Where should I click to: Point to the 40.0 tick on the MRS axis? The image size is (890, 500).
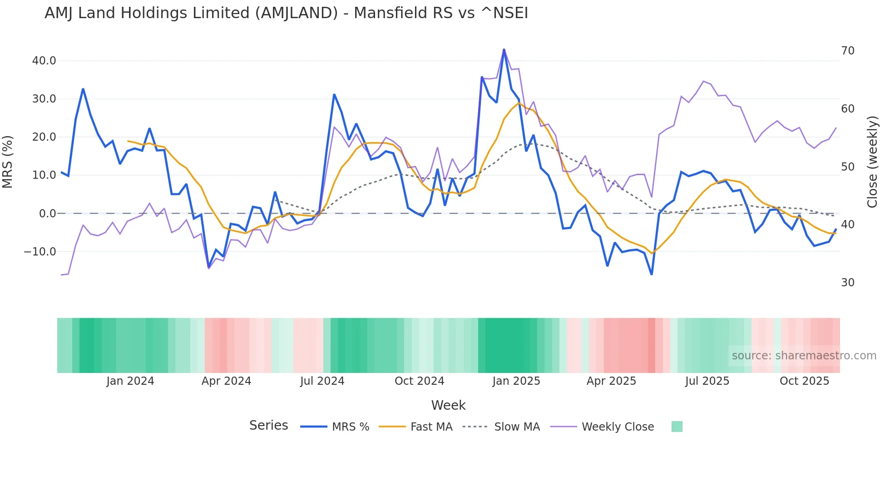tap(44, 61)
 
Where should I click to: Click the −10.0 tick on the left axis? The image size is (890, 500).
tap(40, 251)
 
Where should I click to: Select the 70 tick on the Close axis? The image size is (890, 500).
tap(847, 51)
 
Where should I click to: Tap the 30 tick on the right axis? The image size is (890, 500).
tap(847, 283)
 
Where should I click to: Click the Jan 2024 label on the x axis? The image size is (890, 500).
tap(130, 381)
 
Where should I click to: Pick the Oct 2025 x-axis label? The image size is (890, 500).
tap(804, 381)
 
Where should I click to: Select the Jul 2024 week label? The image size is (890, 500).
tap(322, 381)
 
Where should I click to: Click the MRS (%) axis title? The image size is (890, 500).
tap(8, 162)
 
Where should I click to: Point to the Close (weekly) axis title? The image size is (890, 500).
tap(872, 162)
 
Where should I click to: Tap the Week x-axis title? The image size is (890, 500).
tap(448, 405)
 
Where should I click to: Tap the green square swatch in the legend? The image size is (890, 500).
tap(677, 426)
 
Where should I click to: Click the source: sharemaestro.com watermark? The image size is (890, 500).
tap(804, 356)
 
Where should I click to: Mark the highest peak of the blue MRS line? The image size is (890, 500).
tap(504, 49)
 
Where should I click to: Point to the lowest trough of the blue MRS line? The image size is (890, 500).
tap(652, 274)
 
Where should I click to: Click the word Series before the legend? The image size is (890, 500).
tap(268, 426)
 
